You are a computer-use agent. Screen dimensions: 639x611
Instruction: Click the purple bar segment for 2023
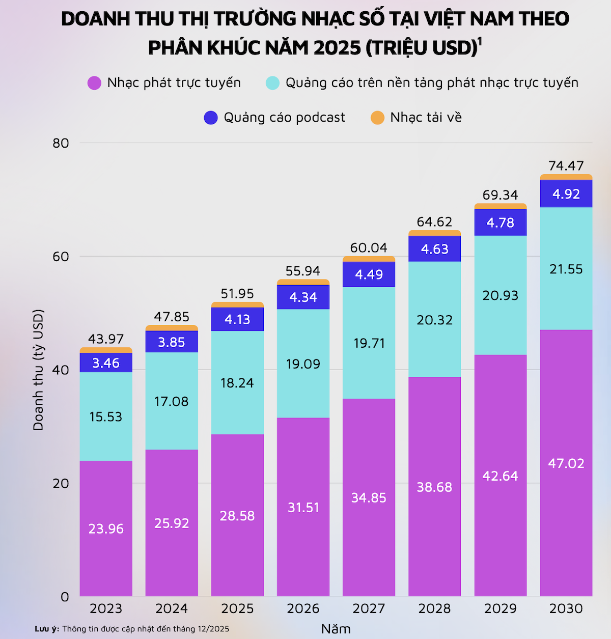tap(106, 529)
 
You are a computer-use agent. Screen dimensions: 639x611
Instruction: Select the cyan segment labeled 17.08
tap(172, 401)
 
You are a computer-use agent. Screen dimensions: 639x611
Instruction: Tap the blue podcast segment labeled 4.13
tap(237, 319)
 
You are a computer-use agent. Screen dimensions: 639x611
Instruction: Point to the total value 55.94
tap(303, 271)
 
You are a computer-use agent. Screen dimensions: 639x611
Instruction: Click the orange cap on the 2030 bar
tap(566, 177)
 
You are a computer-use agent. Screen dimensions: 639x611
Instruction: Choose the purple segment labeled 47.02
tap(566, 463)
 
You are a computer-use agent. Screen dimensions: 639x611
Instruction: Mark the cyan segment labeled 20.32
tap(434, 320)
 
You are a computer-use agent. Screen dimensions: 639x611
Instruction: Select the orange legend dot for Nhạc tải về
tap(377, 118)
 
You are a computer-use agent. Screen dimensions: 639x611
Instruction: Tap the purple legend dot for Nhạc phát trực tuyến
tap(94, 83)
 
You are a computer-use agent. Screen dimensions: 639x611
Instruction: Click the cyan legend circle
tap(273, 83)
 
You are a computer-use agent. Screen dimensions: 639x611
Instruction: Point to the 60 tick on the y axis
tap(61, 256)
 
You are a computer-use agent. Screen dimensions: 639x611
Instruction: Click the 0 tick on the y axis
tap(65, 596)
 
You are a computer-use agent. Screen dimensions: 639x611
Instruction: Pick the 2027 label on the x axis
tap(369, 608)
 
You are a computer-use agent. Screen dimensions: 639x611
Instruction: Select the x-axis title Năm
tap(336, 629)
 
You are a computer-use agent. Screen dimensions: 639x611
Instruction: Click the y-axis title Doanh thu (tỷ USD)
tap(39, 370)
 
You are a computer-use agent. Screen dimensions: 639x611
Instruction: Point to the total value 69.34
tap(500, 195)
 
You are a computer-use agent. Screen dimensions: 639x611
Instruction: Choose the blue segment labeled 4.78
tap(500, 223)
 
